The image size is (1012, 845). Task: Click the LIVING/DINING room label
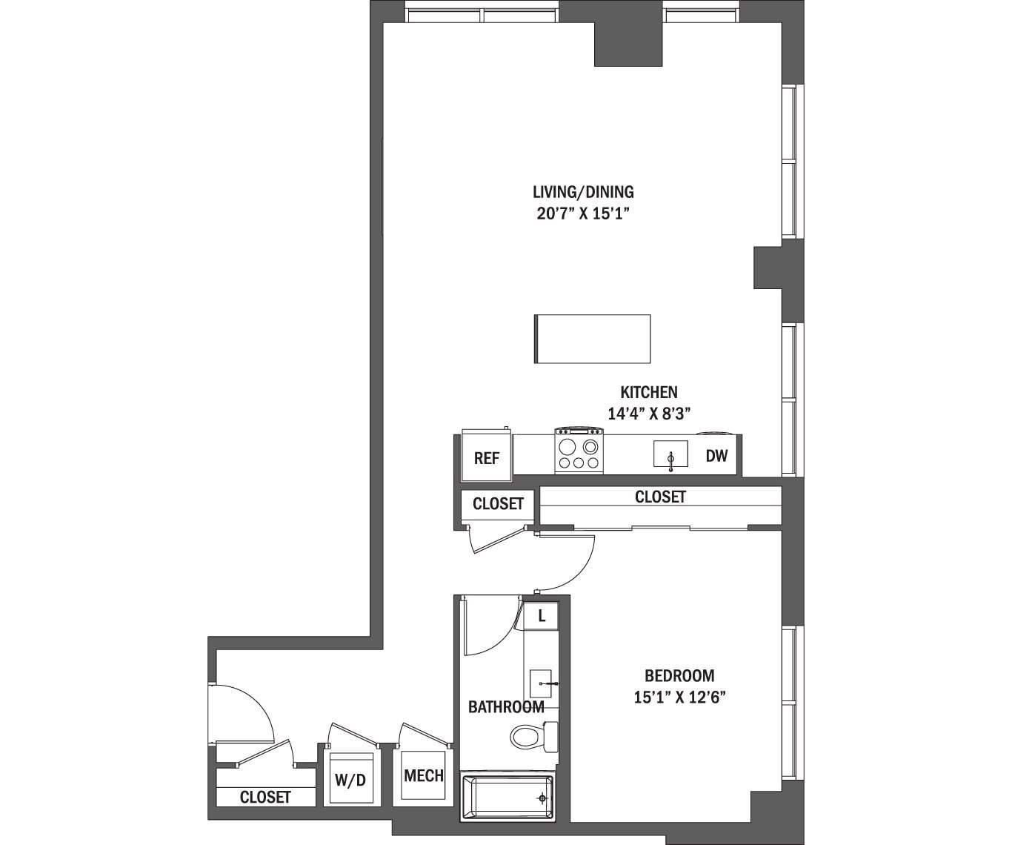[583, 192]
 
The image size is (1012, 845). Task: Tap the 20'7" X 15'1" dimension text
[583, 214]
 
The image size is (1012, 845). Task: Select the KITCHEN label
[648, 392]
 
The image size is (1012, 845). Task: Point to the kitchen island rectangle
[592, 339]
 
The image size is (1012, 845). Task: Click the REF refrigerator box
[486, 458]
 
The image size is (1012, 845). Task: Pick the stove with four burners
[579, 451]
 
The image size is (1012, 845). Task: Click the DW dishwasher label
[716, 456]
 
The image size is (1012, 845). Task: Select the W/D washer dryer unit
[350, 779]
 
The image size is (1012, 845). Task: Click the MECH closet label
[424, 776]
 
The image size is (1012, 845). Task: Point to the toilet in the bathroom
[532, 737]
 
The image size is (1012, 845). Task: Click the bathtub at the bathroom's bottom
[507, 798]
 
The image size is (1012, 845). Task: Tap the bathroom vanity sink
[542, 683]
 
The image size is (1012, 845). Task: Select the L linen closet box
[542, 615]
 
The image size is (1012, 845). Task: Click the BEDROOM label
[679, 675]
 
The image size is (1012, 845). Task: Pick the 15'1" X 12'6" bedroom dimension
[679, 697]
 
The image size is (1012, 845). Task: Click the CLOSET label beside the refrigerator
[498, 504]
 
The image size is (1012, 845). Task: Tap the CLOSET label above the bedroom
[660, 497]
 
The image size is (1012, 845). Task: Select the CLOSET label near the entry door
[265, 797]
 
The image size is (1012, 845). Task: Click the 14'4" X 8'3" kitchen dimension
[649, 414]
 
